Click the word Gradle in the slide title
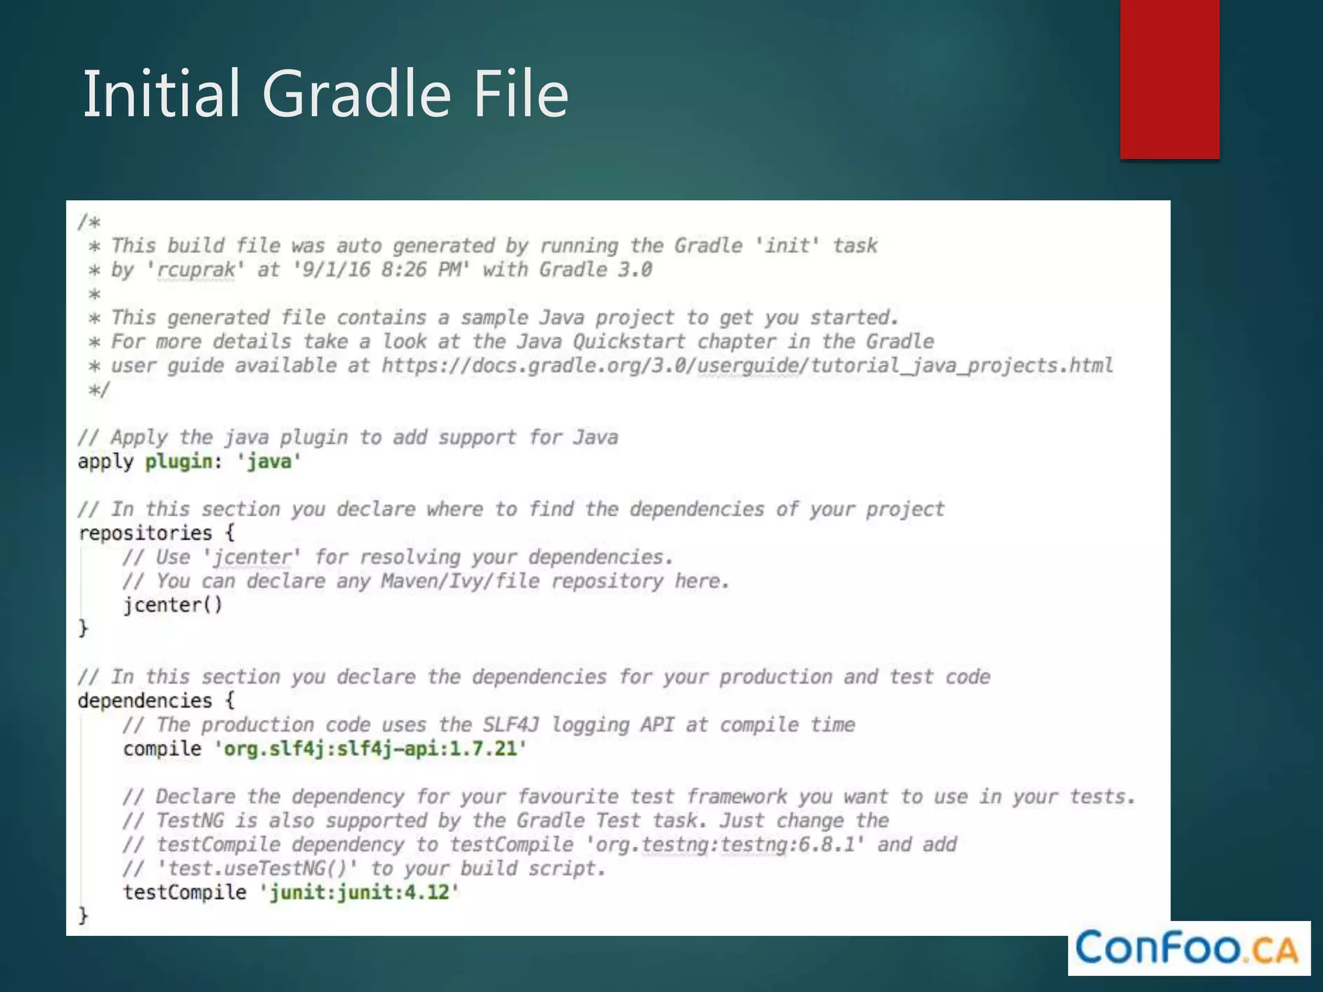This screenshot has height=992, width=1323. [356, 94]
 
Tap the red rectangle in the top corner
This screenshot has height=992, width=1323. [1169, 79]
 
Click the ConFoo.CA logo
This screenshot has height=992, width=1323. [1189, 948]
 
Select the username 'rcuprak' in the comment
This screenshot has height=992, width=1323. [196, 269]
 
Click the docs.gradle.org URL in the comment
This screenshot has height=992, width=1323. [747, 366]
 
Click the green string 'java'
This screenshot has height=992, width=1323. [269, 461]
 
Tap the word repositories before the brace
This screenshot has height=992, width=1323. [145, 533]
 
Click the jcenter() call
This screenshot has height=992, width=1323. [172, 605]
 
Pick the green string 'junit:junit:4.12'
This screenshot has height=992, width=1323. [359, 892]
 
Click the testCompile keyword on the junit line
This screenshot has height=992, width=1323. [185, 892]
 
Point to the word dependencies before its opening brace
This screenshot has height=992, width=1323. [145, 701]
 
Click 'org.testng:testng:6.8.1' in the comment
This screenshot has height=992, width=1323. [724, 844]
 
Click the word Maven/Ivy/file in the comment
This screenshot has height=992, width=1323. [460, 581]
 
